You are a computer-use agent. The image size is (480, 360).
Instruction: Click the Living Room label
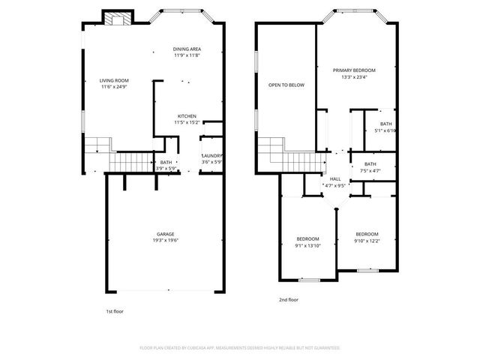[x=115, y=81]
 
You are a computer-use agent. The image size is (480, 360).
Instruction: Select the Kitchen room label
[x=187, y=116]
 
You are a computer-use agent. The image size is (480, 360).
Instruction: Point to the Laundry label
[x=212, y=156]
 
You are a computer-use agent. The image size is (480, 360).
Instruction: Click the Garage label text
[x=165, y=234]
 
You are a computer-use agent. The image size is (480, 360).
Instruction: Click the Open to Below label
[x=286, y=85]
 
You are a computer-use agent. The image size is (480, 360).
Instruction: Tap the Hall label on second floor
[x=334, y=178]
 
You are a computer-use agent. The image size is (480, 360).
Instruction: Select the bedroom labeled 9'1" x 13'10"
[x=307, y=238]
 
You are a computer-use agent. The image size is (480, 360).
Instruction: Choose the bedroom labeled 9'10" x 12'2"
[x=367, y=234]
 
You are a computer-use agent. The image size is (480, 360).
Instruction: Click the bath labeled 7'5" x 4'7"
[x=370, y=164]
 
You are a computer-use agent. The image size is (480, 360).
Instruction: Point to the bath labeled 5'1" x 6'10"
[x=385, y=124]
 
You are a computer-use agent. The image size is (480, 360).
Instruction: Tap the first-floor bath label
[x=166, y=162]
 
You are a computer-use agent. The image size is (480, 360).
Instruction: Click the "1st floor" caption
[x=114, y=310]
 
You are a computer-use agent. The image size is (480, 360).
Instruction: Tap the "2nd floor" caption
[x=288, y=300]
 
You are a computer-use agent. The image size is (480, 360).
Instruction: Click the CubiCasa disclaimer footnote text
[x=240, y=348]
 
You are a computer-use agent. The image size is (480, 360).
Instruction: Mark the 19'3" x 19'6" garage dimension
[x=165, y=240]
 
